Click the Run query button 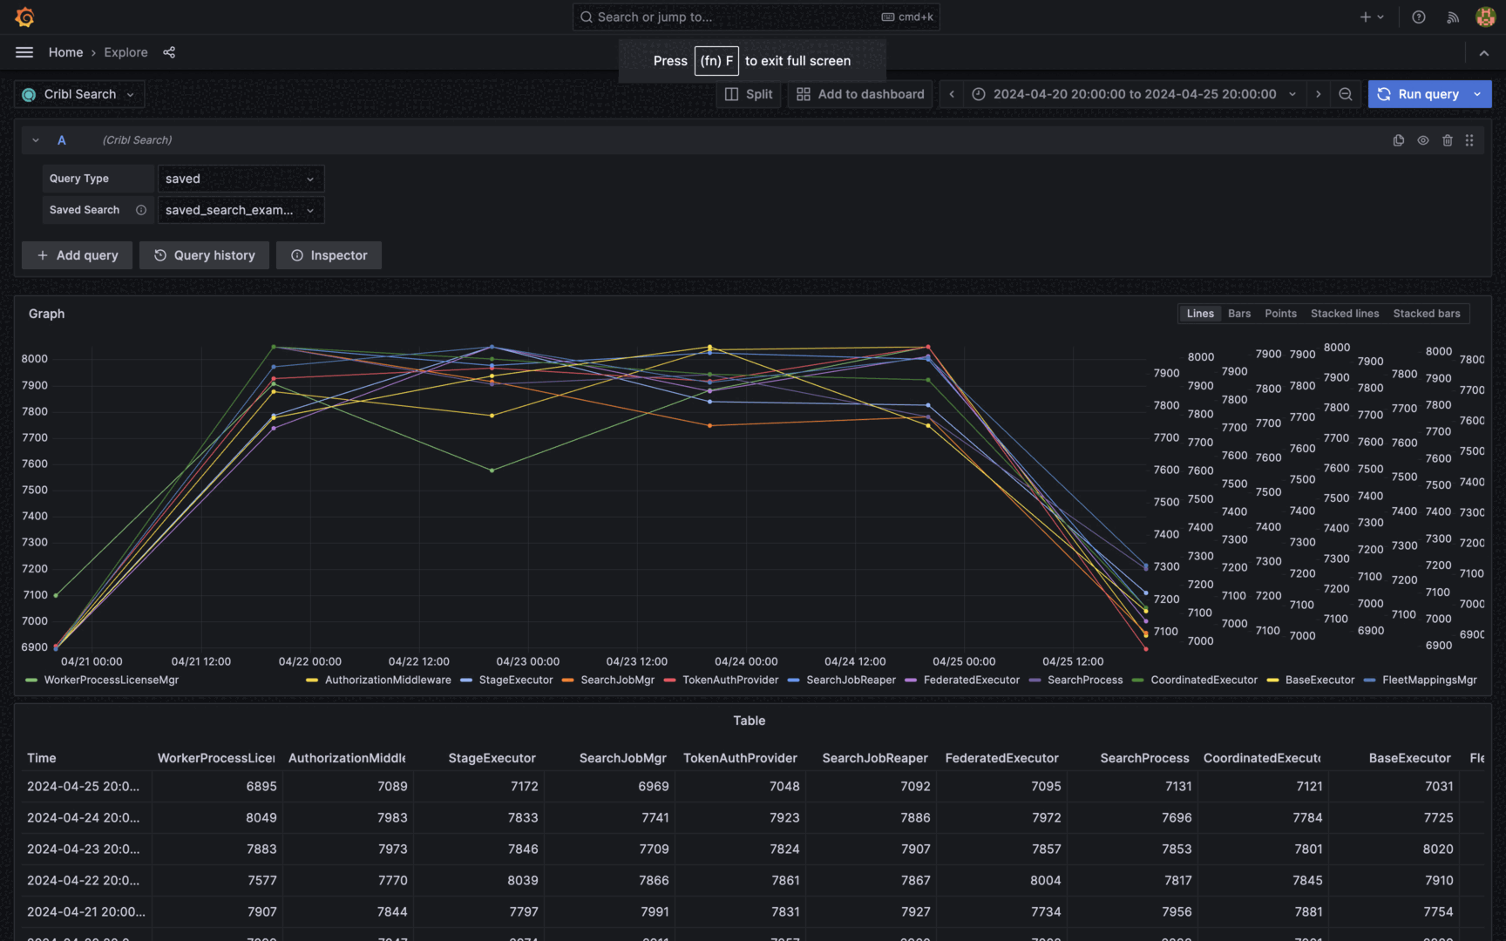pos(1418,94)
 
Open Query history pos(204,255)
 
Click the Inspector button pos(329,255)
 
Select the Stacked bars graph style pos(1426,314)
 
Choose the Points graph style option pos(1280,314)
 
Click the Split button pos(749,94)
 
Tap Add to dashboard pos(860,94)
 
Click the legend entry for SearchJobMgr pos(617,680)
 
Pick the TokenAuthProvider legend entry pos(730,680)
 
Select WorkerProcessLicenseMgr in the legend pos(111,680)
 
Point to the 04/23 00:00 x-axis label pos(527,662)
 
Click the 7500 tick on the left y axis pos(35,490)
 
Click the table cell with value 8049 pos(261,817)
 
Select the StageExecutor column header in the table pos(492,758)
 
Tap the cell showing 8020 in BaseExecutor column pos(1437,849)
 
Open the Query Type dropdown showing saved pos(240,179)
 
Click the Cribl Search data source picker pos(79,94)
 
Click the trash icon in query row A pos(1447,140)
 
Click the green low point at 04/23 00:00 pos(492,470)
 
